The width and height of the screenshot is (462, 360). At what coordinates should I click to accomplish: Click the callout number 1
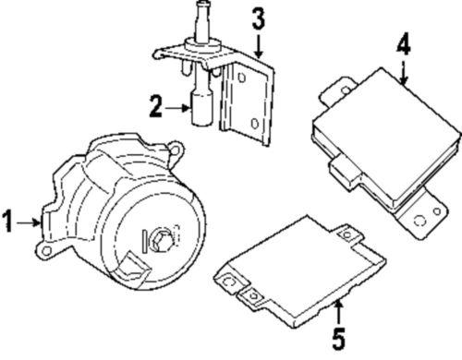click(x=8, y=221)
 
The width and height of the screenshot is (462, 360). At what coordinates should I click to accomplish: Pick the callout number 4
click(x=403, y=43)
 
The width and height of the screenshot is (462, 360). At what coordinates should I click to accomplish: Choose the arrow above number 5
click(x=338, y=309)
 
